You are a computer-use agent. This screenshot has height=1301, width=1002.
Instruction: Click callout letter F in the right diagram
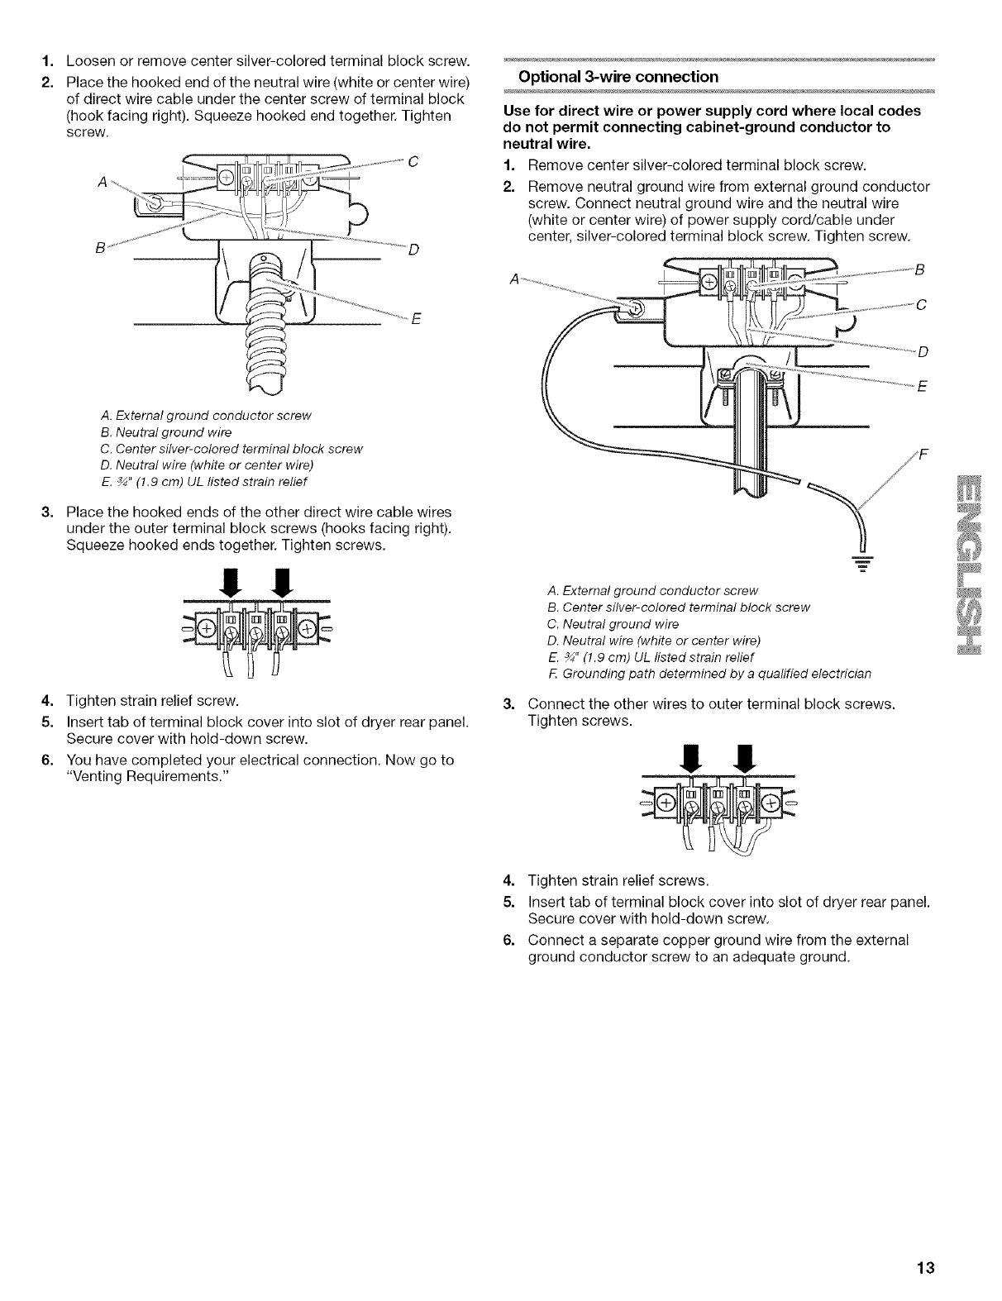923,454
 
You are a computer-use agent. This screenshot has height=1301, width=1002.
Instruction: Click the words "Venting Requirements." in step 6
142,775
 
